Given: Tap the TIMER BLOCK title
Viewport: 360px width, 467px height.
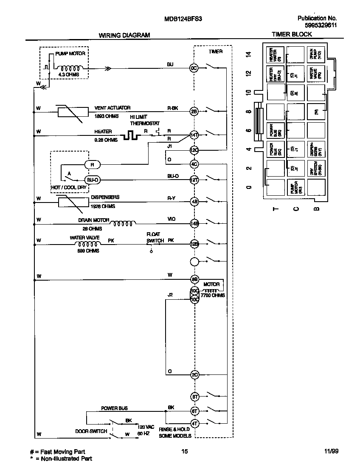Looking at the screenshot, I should pos(292,34).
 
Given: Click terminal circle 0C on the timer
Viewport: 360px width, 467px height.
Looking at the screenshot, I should pos(194,68).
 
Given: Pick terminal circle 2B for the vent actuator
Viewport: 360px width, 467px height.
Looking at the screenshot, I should pos(194,112).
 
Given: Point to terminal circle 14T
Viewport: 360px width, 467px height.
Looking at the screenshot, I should pos(194,135).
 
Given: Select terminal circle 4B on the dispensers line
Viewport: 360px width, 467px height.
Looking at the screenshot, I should pos(194,201).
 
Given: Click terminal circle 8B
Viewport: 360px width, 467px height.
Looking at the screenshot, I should pos(194,279).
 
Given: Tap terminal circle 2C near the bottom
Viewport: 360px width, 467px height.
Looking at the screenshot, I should pos(194,374).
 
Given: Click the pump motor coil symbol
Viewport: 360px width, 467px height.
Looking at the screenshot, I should pos(70,68).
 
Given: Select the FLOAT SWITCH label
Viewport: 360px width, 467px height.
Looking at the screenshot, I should pos(155,237).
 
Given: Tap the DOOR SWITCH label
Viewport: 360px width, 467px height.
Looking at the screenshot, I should pos(91,431).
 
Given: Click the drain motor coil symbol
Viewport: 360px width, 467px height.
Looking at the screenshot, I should pos(123,222).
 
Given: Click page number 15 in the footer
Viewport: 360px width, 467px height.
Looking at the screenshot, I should pos(184,452).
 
